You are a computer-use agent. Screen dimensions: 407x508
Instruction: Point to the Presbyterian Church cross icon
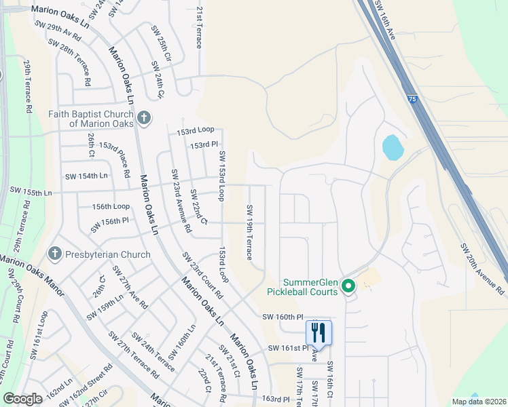click(56, 254)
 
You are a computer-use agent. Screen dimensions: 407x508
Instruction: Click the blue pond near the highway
click(392, 147)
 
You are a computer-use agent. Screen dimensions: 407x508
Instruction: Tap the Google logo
click(23, 398)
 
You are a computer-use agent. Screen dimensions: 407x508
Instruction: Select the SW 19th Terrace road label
click(249, 233)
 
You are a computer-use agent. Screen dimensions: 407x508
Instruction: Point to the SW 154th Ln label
click(86, 176)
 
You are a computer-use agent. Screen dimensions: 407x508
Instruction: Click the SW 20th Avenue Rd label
click(482, 269)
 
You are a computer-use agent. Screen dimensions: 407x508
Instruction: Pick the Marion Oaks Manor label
click(31, 277)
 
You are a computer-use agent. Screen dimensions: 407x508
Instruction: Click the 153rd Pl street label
click(204, 144)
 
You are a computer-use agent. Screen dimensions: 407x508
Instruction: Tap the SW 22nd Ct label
click(198, 208)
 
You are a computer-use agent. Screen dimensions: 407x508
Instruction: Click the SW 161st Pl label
click(284, 348)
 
